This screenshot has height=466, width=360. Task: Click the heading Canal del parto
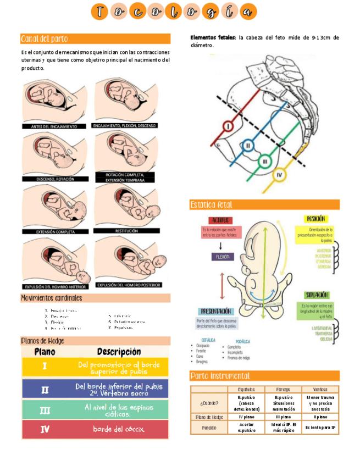pyautogui.click(x=45, y=39)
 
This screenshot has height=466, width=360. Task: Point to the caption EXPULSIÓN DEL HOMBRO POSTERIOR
pyautogui.click(x=129, y=285)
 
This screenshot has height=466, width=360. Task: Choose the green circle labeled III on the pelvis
pyautogui.click(x=265, y=162)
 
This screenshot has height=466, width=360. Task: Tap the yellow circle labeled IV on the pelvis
pyautogui.click(x=279, y=175)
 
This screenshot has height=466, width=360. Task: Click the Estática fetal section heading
pyautogui.click(x=211, y=205)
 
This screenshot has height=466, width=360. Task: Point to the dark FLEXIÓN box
pyautogui.click(x=223, y=257)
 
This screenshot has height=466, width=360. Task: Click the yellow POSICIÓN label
pyautogui.click(x=317, y=219)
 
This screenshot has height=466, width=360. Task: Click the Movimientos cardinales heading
pyautogui.click(x=51, y=298)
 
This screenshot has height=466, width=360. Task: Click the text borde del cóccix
pyautogui.click(x=119, y=429)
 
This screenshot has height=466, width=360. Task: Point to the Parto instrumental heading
pyautogui.click(x=220, y=376)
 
